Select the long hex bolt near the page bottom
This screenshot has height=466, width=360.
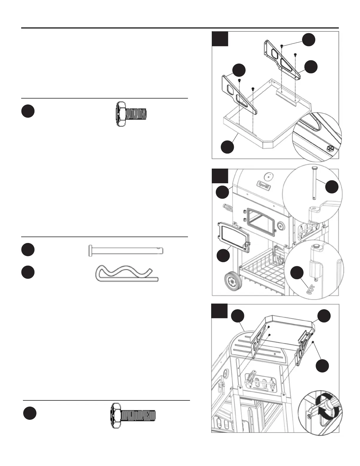coord(133,415)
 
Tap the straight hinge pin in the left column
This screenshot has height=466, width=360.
coord(126,251)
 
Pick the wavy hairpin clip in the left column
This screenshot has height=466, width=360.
coord(127,274)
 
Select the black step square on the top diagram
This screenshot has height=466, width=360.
coord(220,39)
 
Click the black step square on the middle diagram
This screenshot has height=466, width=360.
coord(220,176)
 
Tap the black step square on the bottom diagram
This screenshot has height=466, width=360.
coord(219,311)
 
